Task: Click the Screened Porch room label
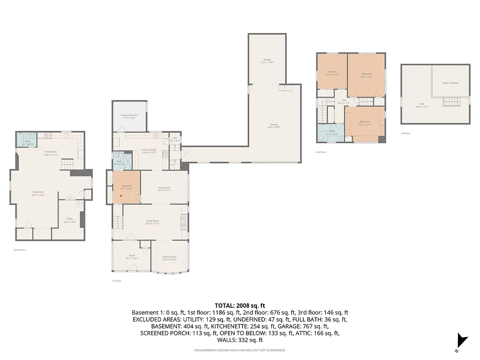[129, 116]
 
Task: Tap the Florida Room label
[170, 257]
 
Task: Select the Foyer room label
[132, 256]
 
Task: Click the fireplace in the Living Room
[184, 222]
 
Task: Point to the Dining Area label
[164, 189]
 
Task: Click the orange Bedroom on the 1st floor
[126, 187]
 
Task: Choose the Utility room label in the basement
[70, 220]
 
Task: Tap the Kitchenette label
[51, 153]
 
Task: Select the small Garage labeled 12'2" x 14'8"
[267, 60]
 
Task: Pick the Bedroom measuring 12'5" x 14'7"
[367, 75]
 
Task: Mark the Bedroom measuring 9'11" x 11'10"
[332, 73]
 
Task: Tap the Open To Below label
[450, 83]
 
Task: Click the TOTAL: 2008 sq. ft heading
[239, 306]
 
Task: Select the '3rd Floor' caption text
[405, 133]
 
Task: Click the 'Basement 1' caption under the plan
[20, 250]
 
